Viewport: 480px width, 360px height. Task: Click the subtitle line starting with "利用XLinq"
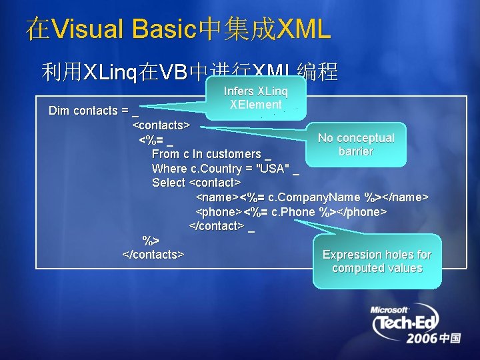(189, 71)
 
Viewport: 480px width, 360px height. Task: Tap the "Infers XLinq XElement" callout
(255, 98)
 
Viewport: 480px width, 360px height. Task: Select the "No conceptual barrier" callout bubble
(355, 145)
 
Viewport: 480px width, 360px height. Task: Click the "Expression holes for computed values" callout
(377, 261)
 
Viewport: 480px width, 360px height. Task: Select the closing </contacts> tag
(153, 255)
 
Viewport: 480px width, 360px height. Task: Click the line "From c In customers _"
(211, 154)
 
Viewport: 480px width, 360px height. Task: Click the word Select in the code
(169, 183)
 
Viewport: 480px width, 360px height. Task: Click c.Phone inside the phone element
(293, 211)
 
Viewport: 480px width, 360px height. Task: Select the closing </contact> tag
(217, 226)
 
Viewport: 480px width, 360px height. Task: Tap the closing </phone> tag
(362, 211)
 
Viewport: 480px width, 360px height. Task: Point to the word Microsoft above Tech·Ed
(390, 310)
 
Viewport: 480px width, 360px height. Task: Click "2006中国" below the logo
(433, 338)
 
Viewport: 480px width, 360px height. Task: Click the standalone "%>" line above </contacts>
(151, 240)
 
